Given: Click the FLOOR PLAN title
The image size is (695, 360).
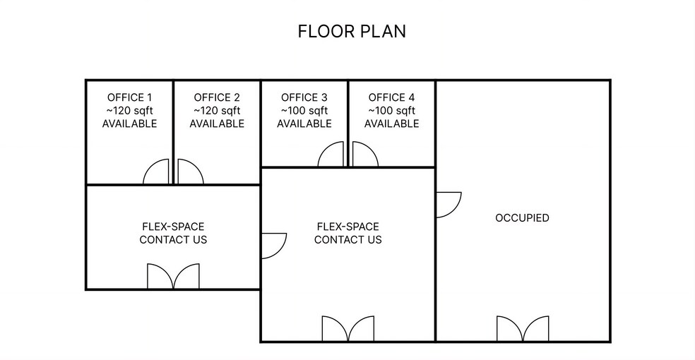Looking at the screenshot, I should point(351,32).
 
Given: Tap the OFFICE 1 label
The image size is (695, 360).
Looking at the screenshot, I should point(129,97).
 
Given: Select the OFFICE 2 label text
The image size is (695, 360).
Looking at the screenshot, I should point(217,97).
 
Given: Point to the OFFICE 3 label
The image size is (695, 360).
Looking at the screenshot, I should point(304,97).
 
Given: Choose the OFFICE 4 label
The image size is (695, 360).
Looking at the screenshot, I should point(391,97).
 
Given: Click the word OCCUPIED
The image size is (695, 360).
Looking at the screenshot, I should point(522,218).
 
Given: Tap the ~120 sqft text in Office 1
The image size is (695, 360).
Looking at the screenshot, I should point(129,111).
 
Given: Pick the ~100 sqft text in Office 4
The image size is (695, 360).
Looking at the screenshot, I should point(391,111).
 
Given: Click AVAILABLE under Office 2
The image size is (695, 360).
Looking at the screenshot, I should point(217,124).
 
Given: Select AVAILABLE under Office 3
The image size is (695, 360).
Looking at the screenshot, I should point(304,124).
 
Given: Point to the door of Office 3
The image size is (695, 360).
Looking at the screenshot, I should point(332,155).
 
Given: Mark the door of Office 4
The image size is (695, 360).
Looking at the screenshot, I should point(364,155).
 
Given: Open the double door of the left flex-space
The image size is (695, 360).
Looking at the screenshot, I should point(173,277).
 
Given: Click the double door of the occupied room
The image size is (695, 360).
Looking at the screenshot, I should point(523,329).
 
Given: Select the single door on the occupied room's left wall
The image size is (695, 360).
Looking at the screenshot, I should point(448,204).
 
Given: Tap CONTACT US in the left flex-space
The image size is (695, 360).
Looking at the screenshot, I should point(173,240).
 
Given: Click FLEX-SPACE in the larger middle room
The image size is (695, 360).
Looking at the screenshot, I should point(347,227).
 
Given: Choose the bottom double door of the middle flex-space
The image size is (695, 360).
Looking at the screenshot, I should point(347,329).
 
